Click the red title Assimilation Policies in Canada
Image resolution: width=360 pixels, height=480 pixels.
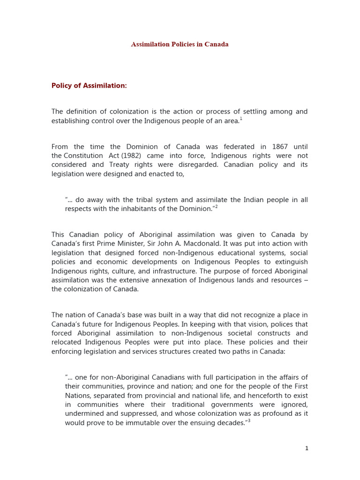tap(180, 45)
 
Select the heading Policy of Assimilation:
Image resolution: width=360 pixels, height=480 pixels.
tap(89, 86)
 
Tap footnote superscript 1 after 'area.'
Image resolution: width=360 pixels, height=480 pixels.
tap(241, 119)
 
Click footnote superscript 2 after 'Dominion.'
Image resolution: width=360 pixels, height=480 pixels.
tap(216, 207)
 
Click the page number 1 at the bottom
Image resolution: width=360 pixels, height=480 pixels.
tap(307, 448)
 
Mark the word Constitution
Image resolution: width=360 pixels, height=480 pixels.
tap(83, 156)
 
